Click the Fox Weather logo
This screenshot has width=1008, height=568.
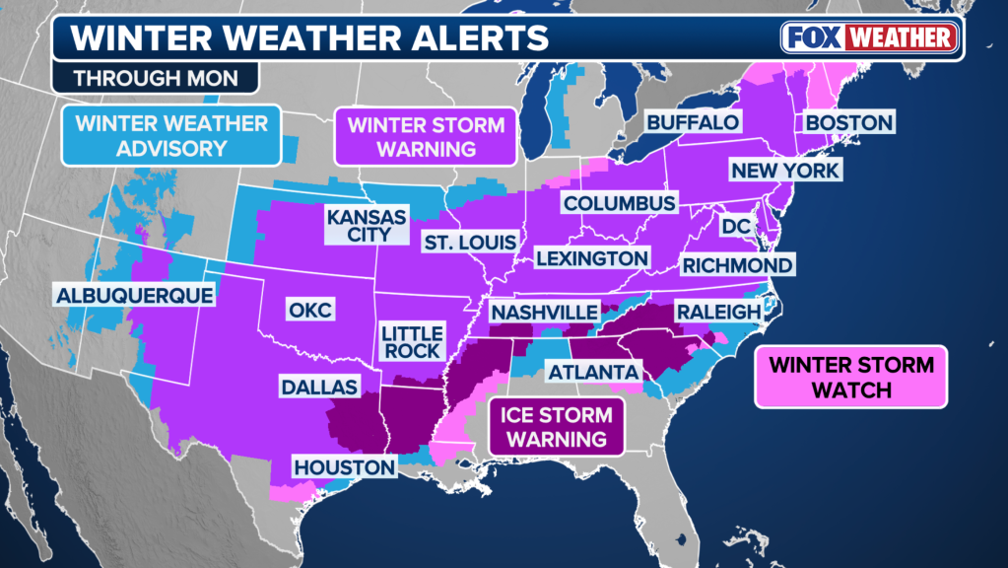coord(869,38)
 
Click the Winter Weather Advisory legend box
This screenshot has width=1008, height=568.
coord(171,136)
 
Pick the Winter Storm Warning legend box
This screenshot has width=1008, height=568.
coord(426,136)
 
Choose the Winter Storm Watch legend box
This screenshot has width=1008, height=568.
coord(850,377)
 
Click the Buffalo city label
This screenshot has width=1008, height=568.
coord(692,122)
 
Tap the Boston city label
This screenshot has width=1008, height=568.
coord(848,122)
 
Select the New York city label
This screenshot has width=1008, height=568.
coord(784,171)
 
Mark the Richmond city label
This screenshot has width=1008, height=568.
coord(737,265)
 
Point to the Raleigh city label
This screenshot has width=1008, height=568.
coord(717,312)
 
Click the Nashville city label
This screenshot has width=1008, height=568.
coord(544,312)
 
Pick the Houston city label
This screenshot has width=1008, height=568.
coord(344,466)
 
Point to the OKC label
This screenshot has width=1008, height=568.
coord(308,310)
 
